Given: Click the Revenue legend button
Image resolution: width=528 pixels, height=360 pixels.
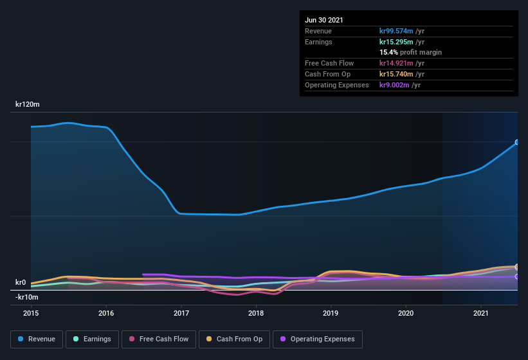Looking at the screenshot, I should click(37, 339).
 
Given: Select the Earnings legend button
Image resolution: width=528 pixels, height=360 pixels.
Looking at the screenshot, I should click(91, 339).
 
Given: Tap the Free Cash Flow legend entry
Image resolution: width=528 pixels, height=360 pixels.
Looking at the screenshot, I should click(159, 339).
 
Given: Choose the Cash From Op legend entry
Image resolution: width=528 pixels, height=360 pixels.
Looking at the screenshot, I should click(234, 339).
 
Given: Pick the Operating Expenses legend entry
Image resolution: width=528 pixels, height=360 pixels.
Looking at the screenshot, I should click(318, 339).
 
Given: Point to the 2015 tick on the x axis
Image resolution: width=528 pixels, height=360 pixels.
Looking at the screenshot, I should click(31, 313).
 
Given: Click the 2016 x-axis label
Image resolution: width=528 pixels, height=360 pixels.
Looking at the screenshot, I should click(106, 313).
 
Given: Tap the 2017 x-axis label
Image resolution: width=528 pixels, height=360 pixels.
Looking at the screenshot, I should click(181, 313).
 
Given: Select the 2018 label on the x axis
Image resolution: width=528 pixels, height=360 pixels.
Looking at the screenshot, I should click(256, 313).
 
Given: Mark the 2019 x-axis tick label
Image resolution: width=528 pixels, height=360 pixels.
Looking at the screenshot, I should click(331, 313).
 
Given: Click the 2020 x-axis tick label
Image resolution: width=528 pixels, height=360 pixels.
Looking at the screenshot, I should click(406, 313).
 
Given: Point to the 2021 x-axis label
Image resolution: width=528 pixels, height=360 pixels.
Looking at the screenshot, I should click(481, 313).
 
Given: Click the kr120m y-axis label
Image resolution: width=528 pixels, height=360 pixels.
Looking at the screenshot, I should click(27, 104).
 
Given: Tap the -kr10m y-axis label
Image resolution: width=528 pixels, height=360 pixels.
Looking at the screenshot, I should click(27, 297).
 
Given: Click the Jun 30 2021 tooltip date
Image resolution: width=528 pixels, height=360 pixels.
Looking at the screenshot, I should click(324, 20).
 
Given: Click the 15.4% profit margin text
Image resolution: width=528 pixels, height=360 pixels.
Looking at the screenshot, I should click(410, 52).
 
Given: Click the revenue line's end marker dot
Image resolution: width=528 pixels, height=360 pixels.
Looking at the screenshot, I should click(517, 143).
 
